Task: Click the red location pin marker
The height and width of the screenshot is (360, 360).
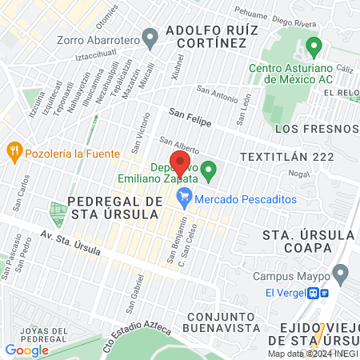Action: coord(180,163)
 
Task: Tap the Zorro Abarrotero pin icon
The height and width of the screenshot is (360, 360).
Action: coord(149,37)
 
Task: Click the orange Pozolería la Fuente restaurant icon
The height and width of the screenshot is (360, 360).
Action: coord(14,150)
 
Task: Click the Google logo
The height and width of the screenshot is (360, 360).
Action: coord(26,350)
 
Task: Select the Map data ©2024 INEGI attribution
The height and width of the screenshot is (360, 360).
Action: coord(311,354)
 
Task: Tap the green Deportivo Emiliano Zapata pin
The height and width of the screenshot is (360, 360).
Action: coord(209,170)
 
